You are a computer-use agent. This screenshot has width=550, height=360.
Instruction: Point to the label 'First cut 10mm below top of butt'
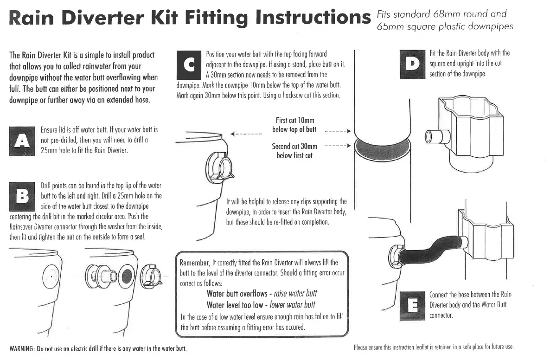pyautogui.click(x=294, y=125)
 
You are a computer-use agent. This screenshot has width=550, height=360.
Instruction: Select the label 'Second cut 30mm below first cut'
pyautogui.click(x=294, y=151)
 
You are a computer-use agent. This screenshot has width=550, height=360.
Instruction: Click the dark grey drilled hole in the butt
pyautogui.click(x=126, y=276)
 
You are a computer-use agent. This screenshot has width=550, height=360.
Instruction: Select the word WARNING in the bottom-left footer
pyautogui.click(x=22, y=348)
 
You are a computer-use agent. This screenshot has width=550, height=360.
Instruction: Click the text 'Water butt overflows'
pyautogui.click(x=236, y=294)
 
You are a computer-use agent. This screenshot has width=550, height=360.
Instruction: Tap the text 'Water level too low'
pyautogui.click(x=235, y=305)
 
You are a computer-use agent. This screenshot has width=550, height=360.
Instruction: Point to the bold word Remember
pyautogui.click(x=195, y=263)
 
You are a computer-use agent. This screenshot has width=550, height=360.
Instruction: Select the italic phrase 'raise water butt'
pyautogui.click(x=296, y=294)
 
